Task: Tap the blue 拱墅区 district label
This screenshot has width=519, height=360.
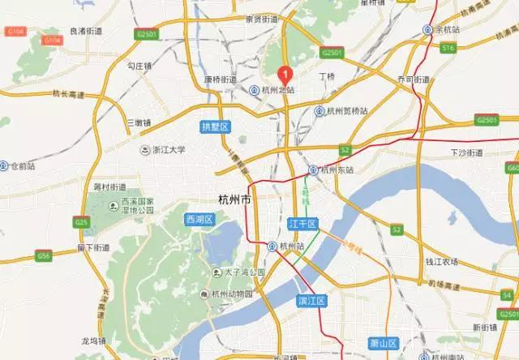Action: [216, 127]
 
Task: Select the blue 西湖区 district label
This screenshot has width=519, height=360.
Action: [199, 219]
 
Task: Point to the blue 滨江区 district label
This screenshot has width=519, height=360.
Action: [311, 301]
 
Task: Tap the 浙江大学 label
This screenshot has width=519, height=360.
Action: [169, 150]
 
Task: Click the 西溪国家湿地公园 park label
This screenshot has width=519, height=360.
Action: [137, 205]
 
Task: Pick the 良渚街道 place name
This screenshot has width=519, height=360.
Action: [86, 31]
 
